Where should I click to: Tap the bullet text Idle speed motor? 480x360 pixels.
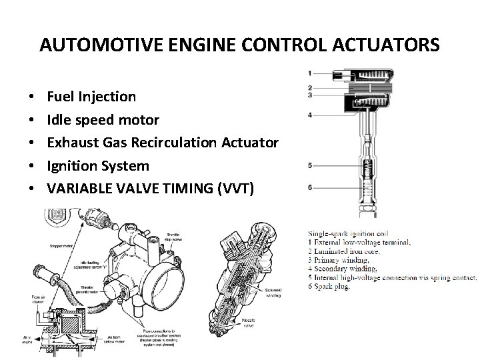(x=103, y=119)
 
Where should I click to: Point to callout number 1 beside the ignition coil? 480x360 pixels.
(x=309, y=73)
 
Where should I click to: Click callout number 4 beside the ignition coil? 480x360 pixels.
(x=309, y=115)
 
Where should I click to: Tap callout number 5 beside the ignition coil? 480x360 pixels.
(x=309, y=165)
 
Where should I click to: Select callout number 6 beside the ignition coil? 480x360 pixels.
(x=309, y=187)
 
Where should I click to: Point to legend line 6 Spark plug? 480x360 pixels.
(x=331, y=287)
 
